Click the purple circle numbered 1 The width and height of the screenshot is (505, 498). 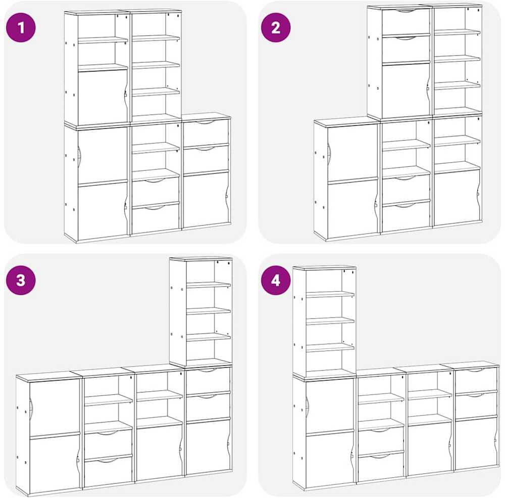[21, 27]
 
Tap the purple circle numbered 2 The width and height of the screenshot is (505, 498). [276, 27]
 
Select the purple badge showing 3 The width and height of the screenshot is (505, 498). [21, 280]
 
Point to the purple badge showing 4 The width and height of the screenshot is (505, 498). [276, 280]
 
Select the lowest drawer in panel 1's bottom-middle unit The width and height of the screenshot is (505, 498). [156, 218]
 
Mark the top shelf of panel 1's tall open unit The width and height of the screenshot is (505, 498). [156, 38]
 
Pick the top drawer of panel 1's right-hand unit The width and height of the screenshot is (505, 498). [206, 132]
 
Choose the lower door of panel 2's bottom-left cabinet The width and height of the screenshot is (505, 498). [352, 210]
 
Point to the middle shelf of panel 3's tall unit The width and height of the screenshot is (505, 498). [209, 311]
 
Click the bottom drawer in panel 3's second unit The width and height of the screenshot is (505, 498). [108, 471]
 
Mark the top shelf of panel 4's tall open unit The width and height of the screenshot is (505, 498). [330, 294]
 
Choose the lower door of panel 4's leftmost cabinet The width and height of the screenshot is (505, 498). [330, 458]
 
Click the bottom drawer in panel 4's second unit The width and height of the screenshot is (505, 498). [381, 466]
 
